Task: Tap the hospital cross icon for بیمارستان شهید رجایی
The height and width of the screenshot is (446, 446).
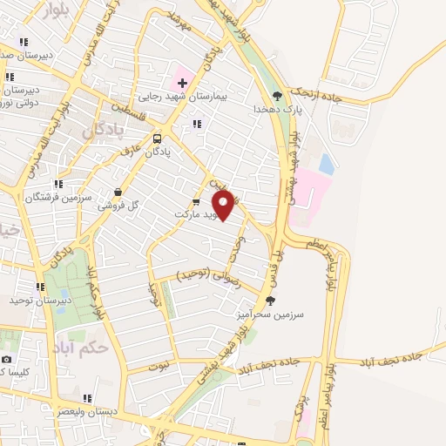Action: tap(182, 82)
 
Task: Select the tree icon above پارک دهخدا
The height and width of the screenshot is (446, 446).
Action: tap(277, 96)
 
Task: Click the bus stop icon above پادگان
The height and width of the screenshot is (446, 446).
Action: tap(157, 138)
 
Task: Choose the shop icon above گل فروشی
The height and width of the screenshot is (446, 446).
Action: tap(118, 192)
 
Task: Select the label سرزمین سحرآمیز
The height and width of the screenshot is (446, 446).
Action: tap(274, 315)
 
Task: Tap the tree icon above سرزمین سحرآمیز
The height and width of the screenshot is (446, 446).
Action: tap(270, 301)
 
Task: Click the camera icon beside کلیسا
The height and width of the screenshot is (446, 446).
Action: tap(8, 359)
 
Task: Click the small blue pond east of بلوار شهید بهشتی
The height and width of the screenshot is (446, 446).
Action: tap(326, 163)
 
